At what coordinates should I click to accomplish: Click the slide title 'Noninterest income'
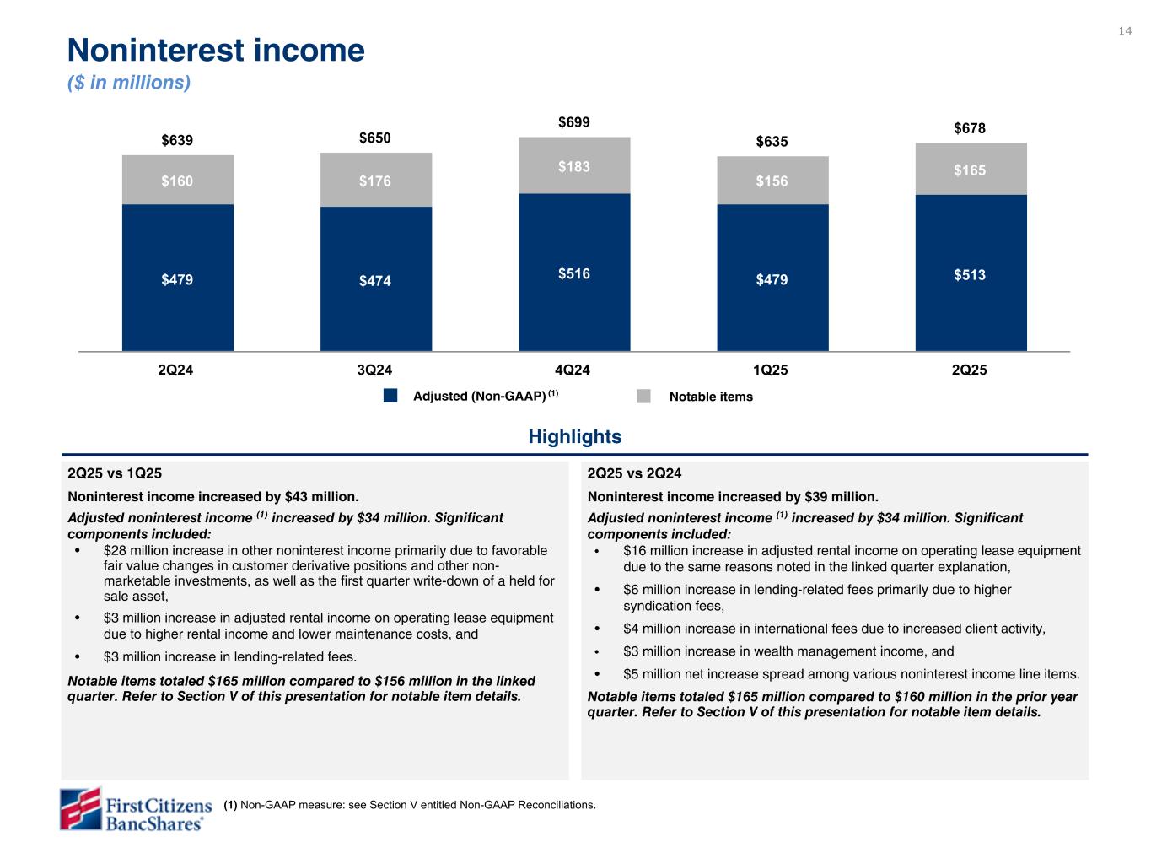pos(216,51)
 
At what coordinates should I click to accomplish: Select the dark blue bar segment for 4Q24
pos(574,272)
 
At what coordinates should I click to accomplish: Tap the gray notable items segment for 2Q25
pos(971,170)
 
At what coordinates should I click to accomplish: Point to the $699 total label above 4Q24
pos(574,123)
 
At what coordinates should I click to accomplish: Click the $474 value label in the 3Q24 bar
pos(375,281)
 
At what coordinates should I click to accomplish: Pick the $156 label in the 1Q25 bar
pos(772,181)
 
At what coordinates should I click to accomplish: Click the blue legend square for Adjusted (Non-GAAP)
pos(390,397)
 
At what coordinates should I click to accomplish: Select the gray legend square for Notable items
pos(644,397)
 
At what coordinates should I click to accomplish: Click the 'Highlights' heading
pos(575,436)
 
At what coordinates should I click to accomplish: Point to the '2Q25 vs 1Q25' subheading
pos(115,473)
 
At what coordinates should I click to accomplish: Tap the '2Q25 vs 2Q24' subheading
pos(634,473)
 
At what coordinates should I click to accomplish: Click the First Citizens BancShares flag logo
pos(80,809)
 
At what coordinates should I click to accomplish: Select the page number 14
pos(1125,31)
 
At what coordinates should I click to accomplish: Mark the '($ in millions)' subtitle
pos(129,83)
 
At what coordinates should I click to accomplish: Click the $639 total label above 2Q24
pos(177,140)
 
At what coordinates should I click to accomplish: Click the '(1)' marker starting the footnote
pos(230,805)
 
